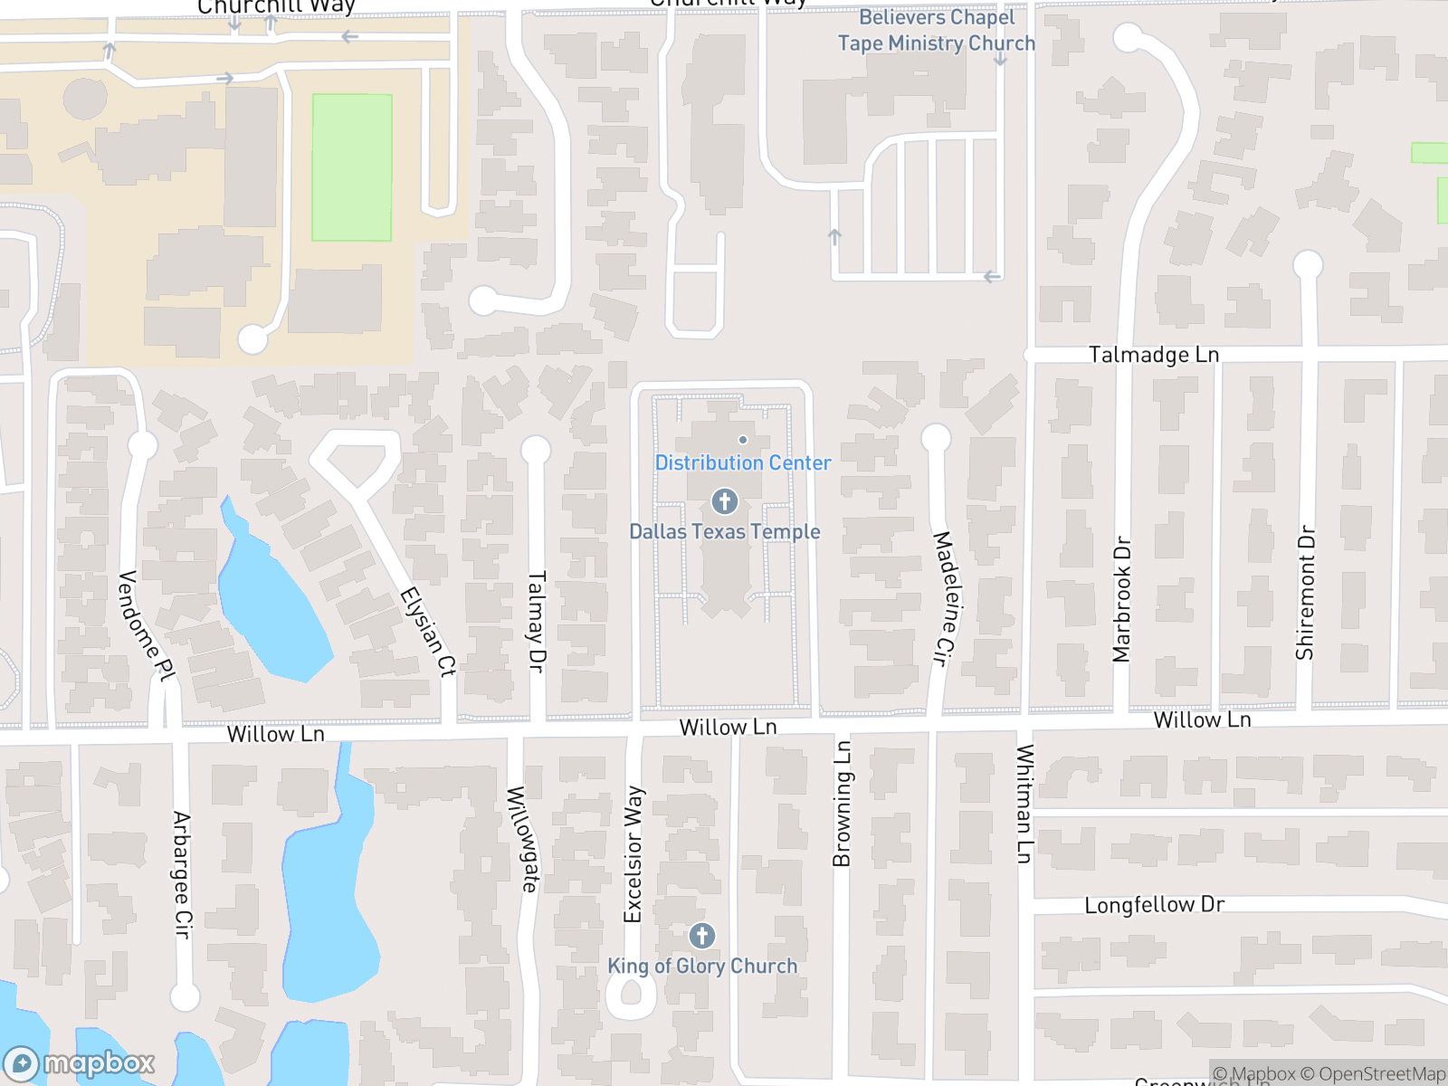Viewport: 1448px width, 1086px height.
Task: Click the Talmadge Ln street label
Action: (x=1153, y=355)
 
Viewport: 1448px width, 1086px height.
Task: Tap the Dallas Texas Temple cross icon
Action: (x=724, y=500)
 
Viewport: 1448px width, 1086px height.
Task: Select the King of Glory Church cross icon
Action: (x=702, y=936)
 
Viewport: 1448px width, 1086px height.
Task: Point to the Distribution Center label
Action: (x=743, y=462)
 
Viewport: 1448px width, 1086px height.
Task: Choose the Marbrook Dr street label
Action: (x=1122, y=599)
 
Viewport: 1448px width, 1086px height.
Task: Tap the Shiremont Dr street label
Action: (x=1305, y=593)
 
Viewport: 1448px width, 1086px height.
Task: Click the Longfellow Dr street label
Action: (x=1154, y=905)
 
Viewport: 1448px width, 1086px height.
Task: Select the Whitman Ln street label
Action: (x=1024, y=804)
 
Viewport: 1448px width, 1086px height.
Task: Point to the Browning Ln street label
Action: (x=842, y=804)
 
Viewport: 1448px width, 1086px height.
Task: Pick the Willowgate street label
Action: (x=522, y=839)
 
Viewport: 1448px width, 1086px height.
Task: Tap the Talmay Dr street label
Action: (x=537, y=621)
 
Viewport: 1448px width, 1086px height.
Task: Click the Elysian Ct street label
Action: (x=428, y=633)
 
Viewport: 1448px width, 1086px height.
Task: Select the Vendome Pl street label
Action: (x=146, y=626)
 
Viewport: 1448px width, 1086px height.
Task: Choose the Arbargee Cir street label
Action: (x=183, y=874)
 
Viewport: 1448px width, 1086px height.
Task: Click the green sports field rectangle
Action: (x=352, y=167)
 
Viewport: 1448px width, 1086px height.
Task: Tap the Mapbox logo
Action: (x=80, y=1063)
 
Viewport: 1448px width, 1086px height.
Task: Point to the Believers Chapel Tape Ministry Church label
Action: (x=937, y=30)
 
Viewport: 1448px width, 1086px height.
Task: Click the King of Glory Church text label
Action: (x=702, y=967)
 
